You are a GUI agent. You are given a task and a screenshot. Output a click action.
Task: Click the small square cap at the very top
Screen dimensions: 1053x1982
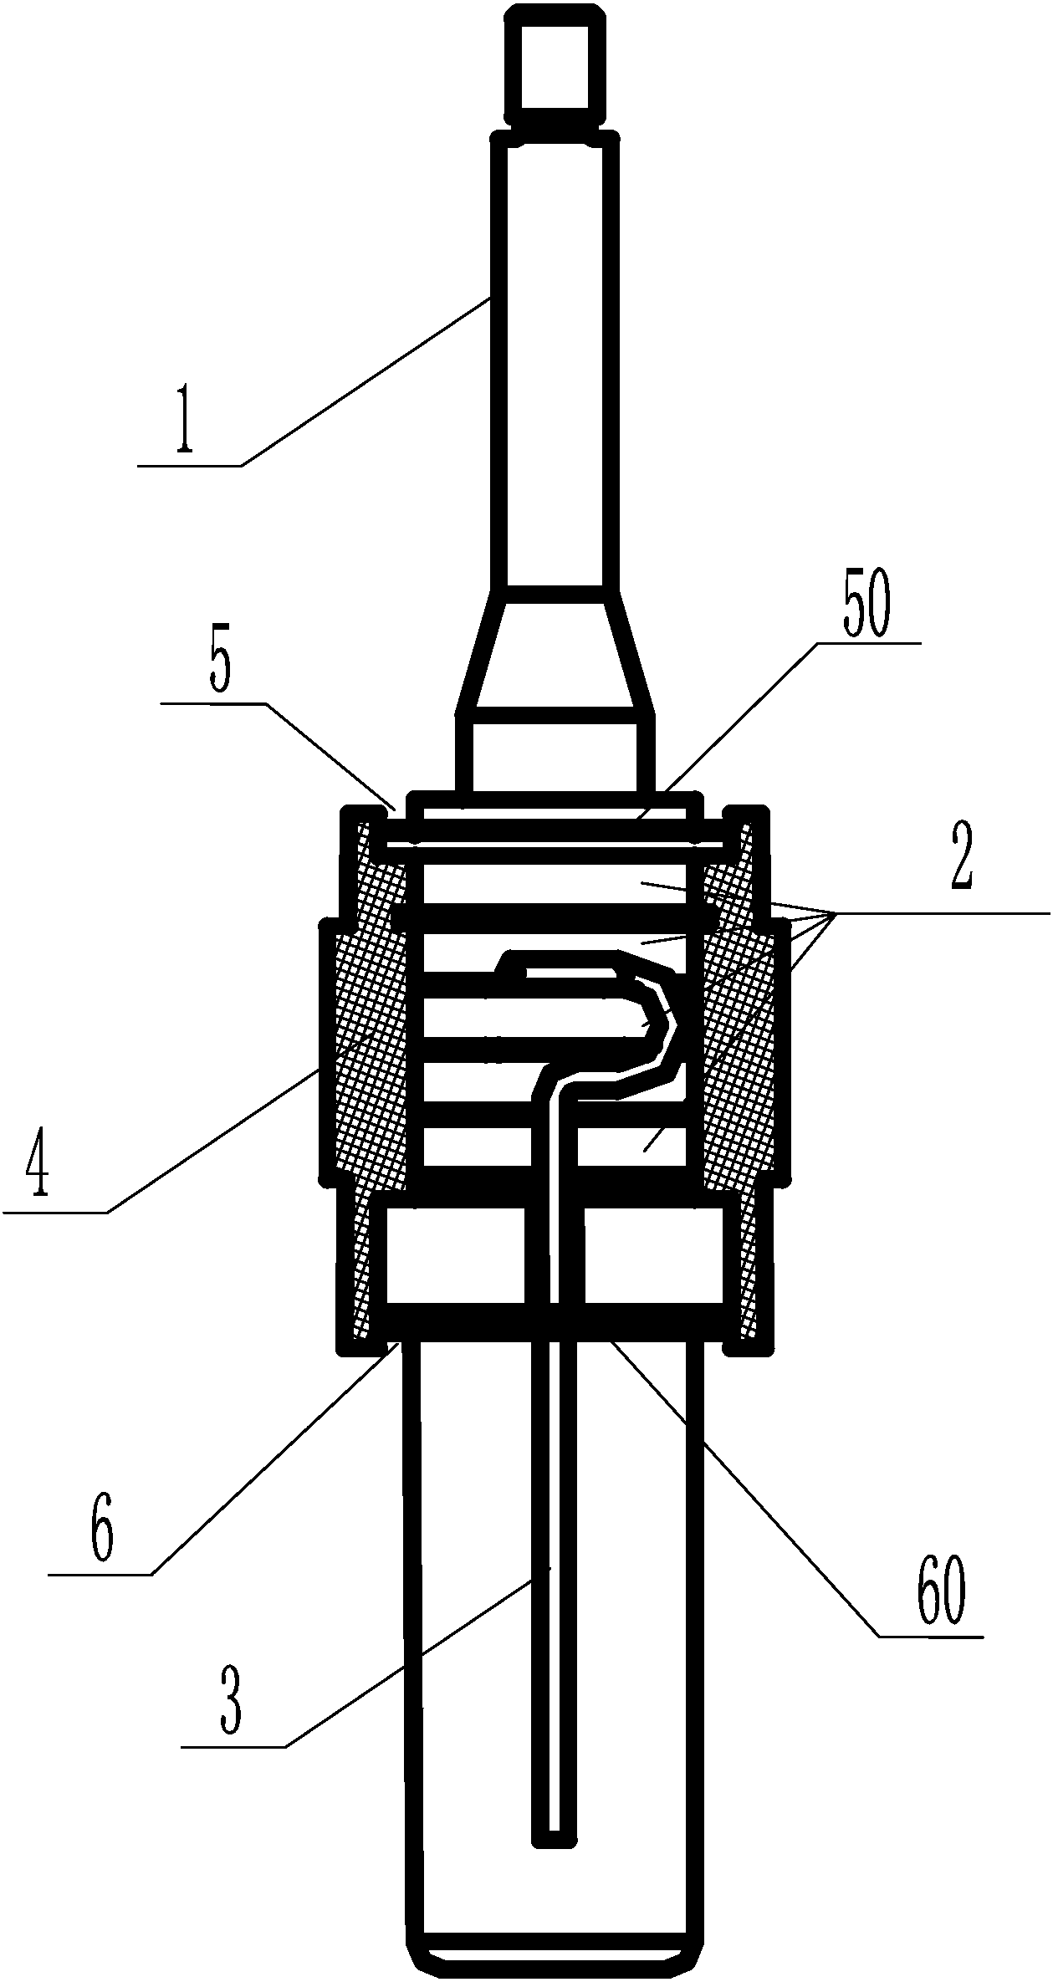[555, 62]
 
